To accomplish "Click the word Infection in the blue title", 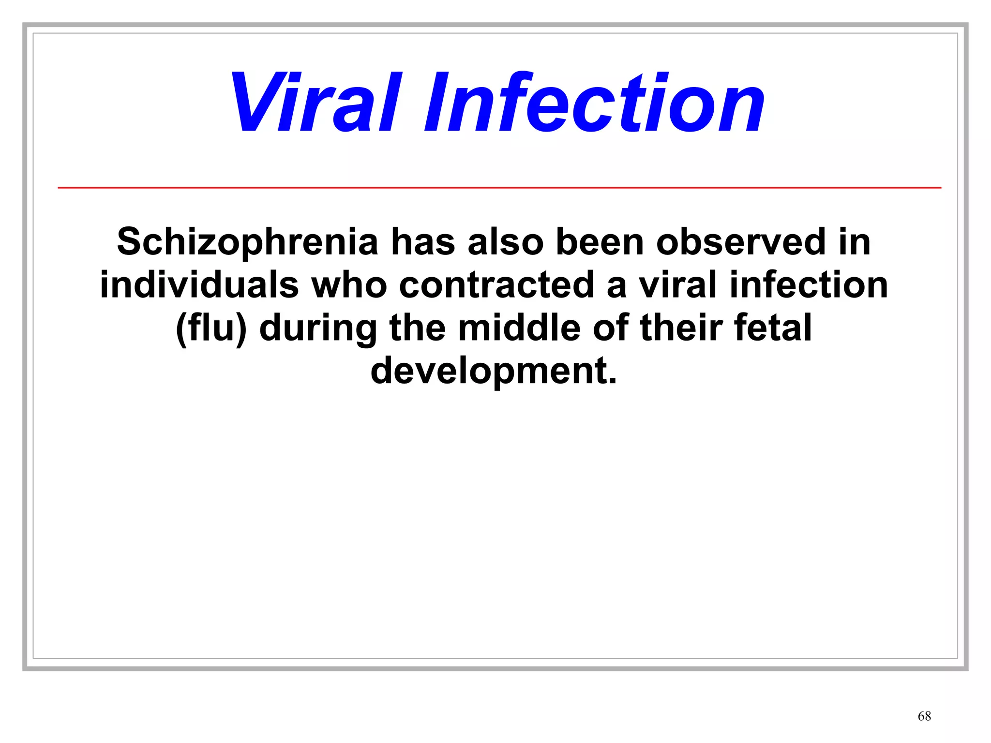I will pyautogui.click(x=594, y=103).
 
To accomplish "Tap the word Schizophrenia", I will pyautogui.click(x=247, y=242).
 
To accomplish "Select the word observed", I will pyautogui.click(x=741, y=242).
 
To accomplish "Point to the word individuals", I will pyautogui.click(x=199, y=284).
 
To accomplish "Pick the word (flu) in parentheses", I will pyautogui.click(x=211, y=328).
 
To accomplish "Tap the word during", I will pyautogui.click(x=318, y=328).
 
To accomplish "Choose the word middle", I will pyautogui.click(x=519, y=328).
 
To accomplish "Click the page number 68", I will pyautogui.click(x=924, y=716).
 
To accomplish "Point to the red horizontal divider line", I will pyautogui.click(x=499, y=187).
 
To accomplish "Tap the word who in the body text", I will pyautogui.click(x=349, y=284).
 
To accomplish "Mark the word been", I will pyautogui.click(x=600, y=242).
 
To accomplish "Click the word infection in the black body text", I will pyautogui.click(x=809, y=284).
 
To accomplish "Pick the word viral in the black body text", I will pyautogui.click(x=677, y=284).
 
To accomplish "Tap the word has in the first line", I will pyautogui.click(x=422, y=242).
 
